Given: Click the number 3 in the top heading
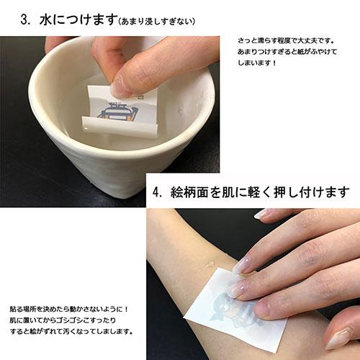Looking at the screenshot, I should click(x=27, y=19).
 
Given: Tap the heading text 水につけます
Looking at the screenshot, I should click(x=73, y=19).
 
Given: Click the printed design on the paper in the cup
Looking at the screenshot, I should click(x=117, y=112).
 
